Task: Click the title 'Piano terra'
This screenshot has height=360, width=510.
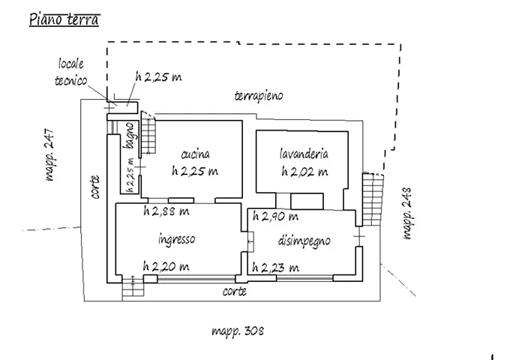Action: (x=64, y=19)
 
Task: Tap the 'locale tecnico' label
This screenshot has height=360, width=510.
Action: (x=73, y=73)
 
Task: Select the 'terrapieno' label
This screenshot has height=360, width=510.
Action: (x=259, y=96)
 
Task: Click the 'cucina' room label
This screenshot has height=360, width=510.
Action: (x=195, y=154)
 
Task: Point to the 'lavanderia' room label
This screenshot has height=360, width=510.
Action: (x=304, y=154)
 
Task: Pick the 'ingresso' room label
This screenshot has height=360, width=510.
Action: (x=177, y=240)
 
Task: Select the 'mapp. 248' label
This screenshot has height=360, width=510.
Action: (x=409, y=212)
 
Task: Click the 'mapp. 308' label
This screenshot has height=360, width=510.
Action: (x=237, y=330)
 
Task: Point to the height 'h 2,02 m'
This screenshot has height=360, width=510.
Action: (x=304, y=172)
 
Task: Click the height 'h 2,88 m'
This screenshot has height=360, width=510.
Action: (x=166, y=211)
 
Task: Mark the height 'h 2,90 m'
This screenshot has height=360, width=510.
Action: (x=275, y=217)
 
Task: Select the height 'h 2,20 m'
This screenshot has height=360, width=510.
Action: (x=166, y=266)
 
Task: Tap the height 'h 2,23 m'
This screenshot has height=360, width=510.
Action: (x=275, y=266)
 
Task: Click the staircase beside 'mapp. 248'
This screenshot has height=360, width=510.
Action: (x=370, y=198)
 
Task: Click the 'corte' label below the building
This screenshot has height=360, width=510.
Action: (x=234, y=292)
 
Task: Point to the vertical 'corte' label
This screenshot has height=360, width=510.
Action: (x=95, y=187)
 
